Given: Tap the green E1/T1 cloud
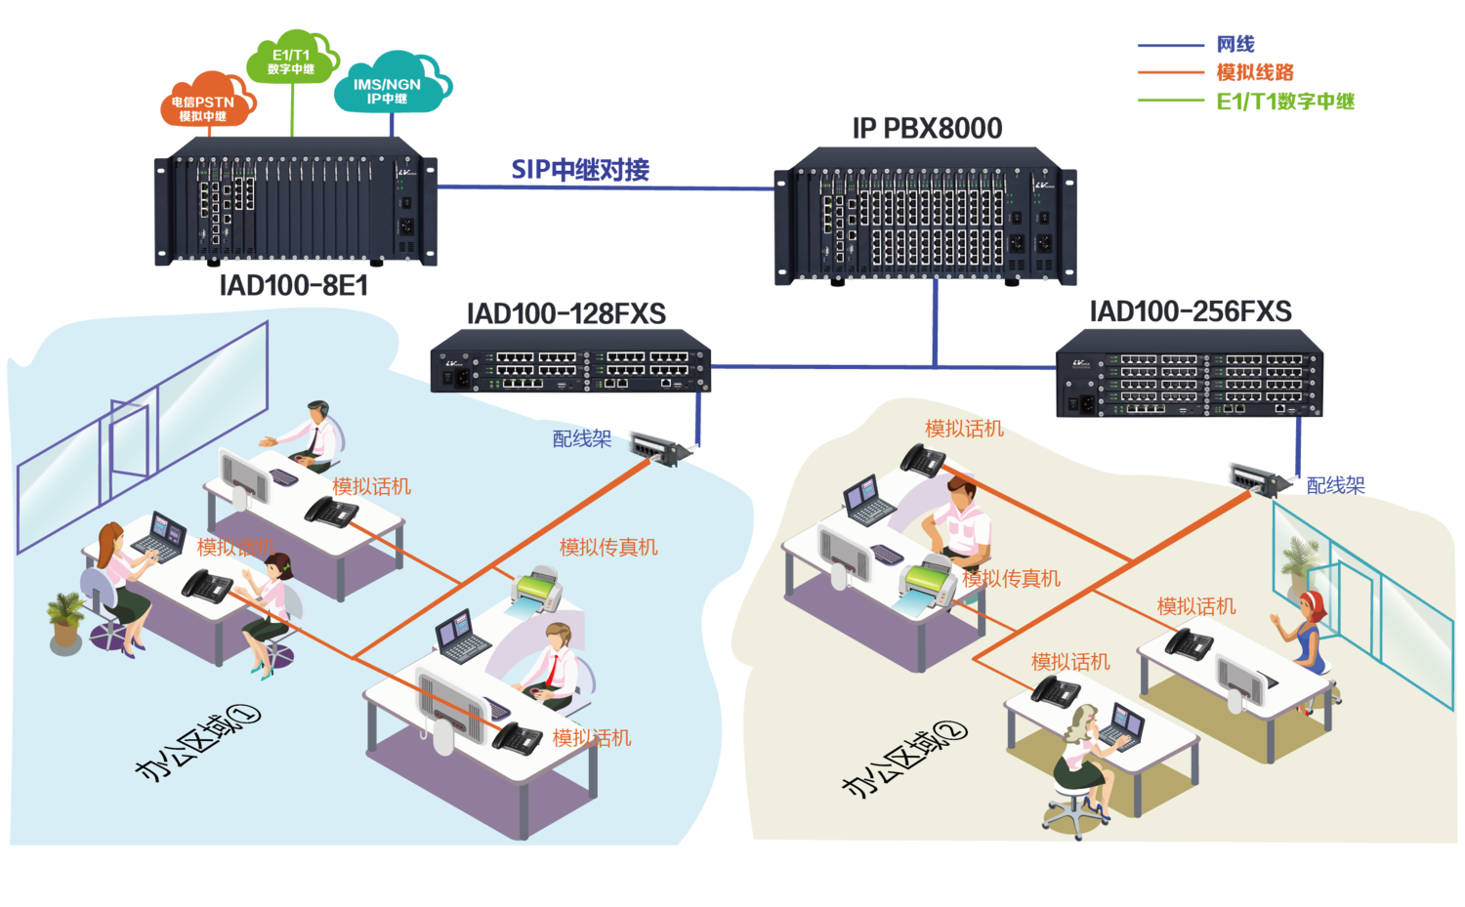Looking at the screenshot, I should (292, 60).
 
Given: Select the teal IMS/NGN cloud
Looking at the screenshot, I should (390, 87).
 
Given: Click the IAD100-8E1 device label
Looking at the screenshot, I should (293, 285).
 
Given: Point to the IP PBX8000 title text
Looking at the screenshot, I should (928, 128).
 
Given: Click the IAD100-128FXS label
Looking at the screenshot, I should (566, 313).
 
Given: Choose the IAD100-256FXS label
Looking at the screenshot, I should (1192, 311).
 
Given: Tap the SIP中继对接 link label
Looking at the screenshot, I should (580, 170).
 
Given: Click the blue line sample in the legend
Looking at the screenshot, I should (1170, 46).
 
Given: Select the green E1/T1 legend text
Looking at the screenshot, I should (1285, 102).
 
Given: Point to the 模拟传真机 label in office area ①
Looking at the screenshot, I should (608, 548).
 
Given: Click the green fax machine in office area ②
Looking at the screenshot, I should (927, 586).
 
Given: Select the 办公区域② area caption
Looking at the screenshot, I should (904, 759).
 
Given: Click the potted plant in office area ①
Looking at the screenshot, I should (65, 621).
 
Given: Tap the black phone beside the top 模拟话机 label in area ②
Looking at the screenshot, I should (923, 460).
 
